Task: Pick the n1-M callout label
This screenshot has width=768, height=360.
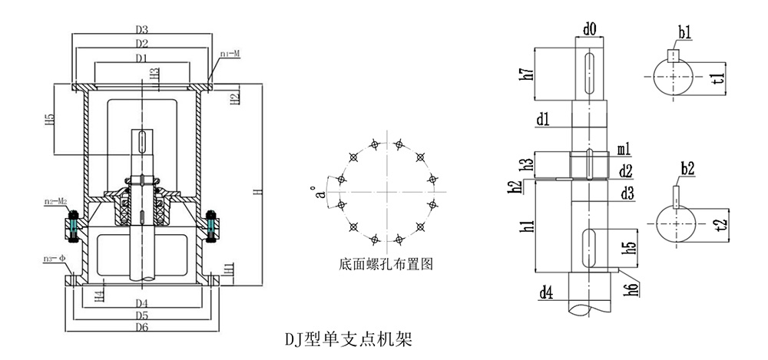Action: pyautogui.click(x=231, y=54)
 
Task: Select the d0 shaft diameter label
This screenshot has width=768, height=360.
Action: pyautogui.click(x=590, y=30)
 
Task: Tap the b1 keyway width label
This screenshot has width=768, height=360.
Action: pyautogui.click(x=684, y=32)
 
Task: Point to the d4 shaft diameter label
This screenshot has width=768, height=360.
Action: pyautogui.click(x=546, y=292)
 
